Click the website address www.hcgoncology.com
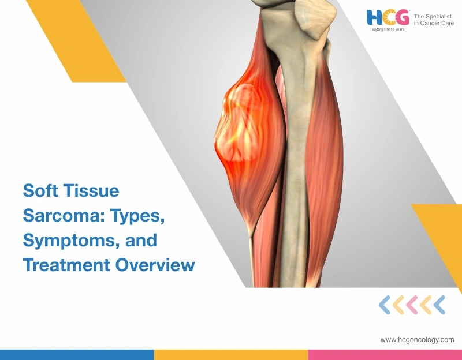(x=417, y=340)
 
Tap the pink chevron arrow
(x=412, y=305)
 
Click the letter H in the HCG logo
(x=374, y=17)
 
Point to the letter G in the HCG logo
(x=403, y=17)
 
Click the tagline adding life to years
(x=388, y=29)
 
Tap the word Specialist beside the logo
(x=440, y=16)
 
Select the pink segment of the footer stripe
(x=385, y=354)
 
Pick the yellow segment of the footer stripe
(x=231, y=354)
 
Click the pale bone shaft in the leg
(x=297, y=144)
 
